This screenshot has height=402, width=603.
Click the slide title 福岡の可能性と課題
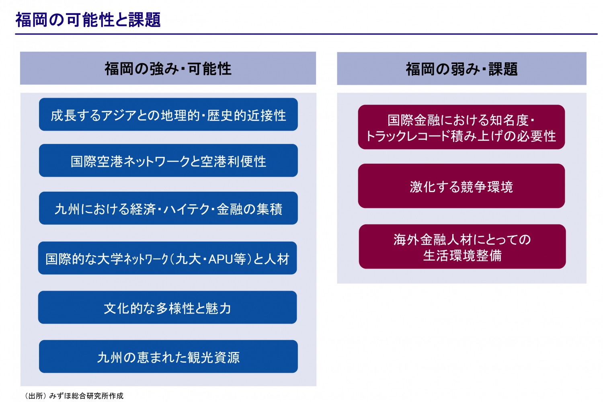pos(88,20)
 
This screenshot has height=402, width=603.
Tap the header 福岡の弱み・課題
pos(461,69)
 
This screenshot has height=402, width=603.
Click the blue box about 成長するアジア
pos(168,115)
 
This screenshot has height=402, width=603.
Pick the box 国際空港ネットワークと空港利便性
pos(168,160)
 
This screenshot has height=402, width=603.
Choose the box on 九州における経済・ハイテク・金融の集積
pos(168,208)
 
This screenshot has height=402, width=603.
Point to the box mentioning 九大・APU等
pos(168,258)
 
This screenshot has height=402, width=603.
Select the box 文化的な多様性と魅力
pos(168,307)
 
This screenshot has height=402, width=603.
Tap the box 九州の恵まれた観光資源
pos(168,357)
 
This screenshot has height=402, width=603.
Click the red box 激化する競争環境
pos(461,186)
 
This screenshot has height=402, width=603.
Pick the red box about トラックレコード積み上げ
pos(461,127)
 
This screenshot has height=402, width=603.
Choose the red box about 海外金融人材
pos(462,246)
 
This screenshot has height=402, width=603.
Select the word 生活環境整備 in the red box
pos(462,256)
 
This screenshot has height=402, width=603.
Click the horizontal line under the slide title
pos(306,34)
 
